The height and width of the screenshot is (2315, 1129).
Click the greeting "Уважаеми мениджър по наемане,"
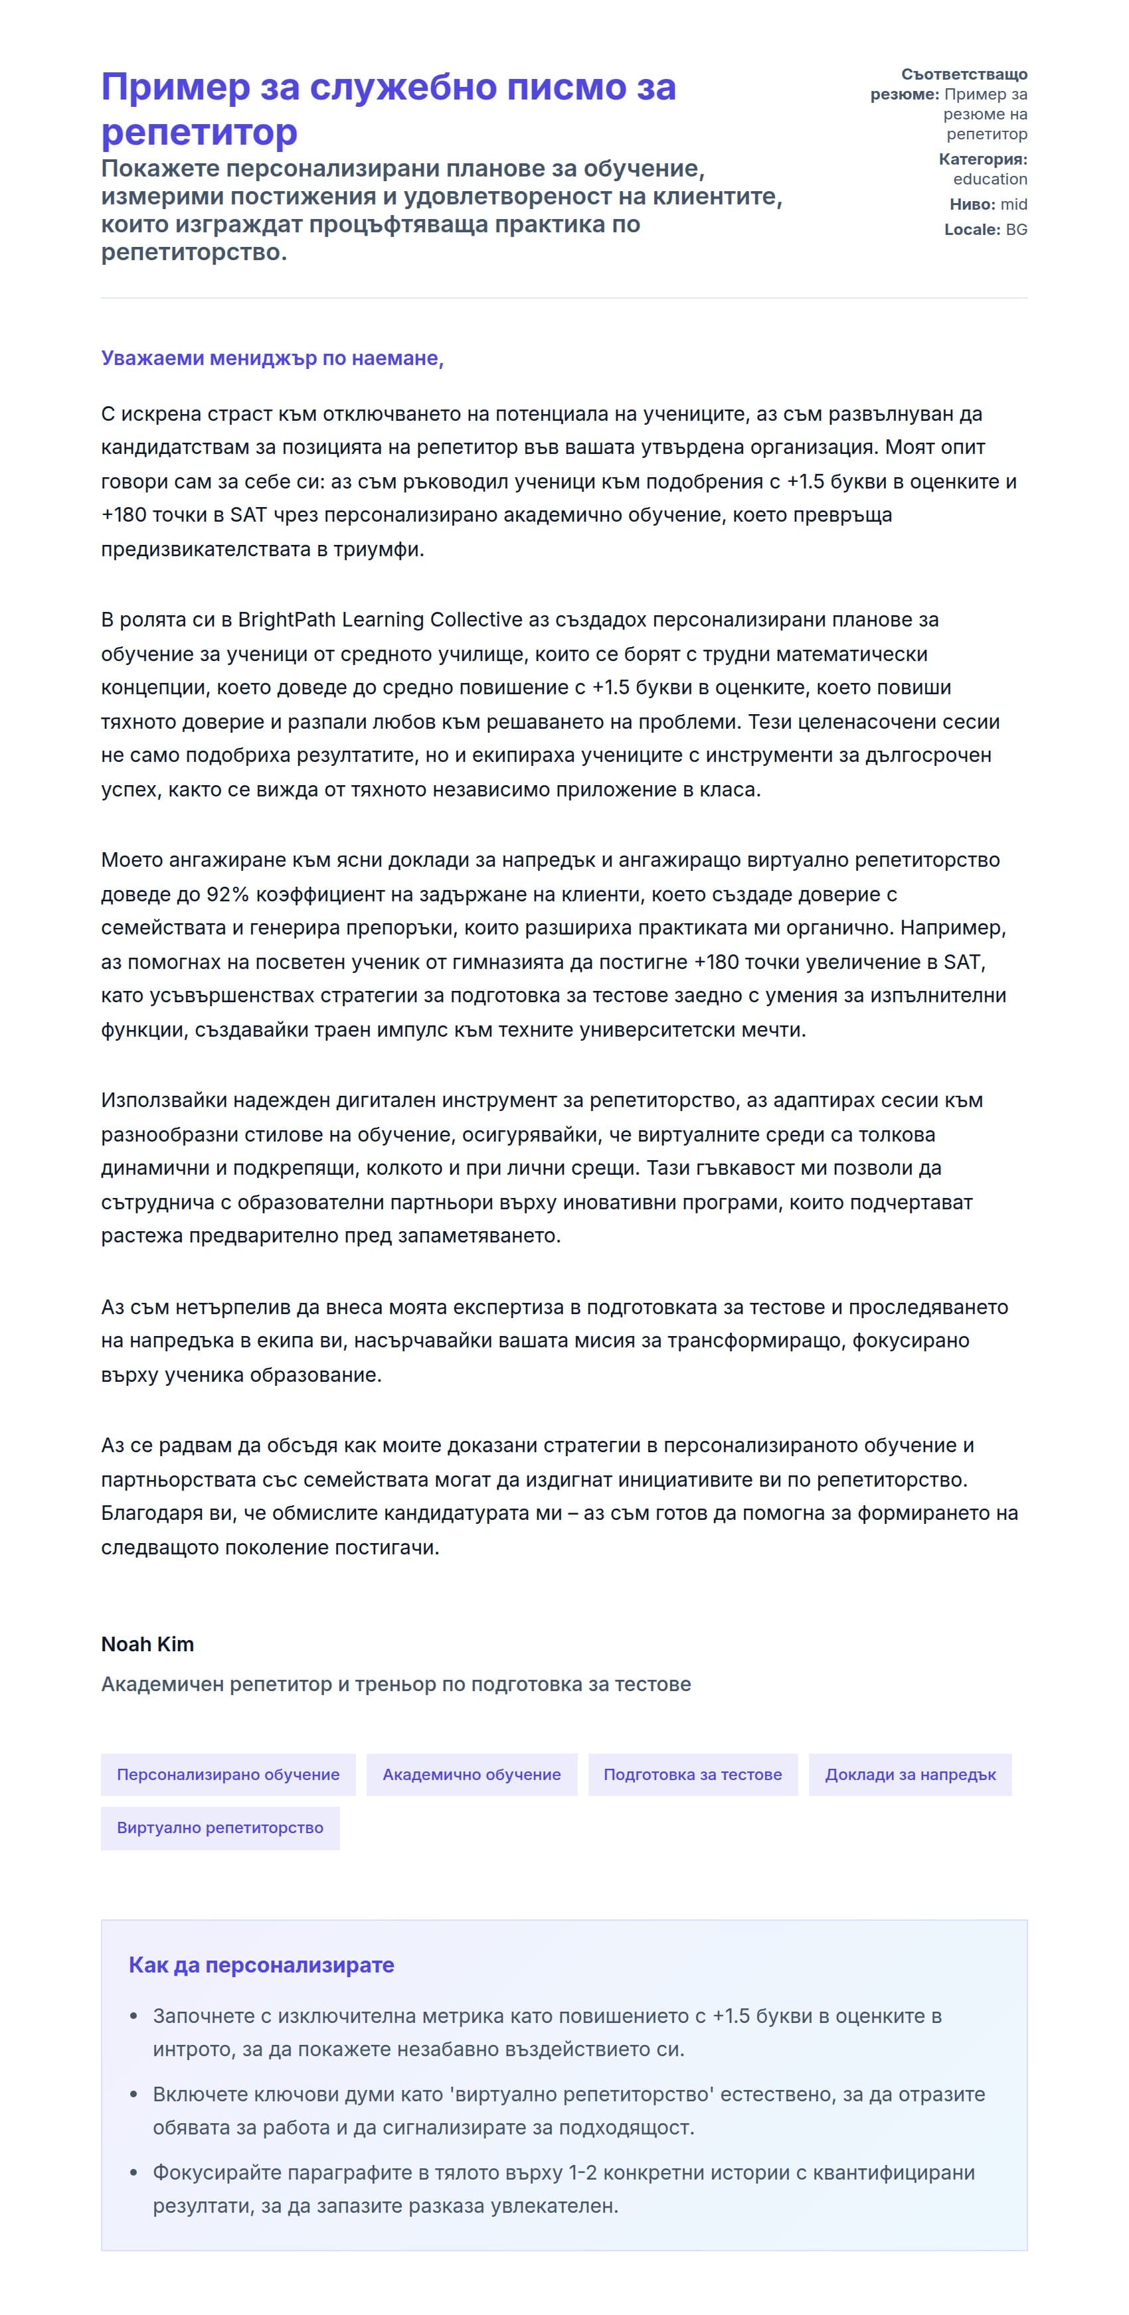pos(272,358)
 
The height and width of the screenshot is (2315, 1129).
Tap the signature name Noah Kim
pos(147,1644)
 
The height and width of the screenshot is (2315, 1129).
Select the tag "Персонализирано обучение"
pos(228,1774)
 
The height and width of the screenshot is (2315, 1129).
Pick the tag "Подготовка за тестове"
pos(692,1774)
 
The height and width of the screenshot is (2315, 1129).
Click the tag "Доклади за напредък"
pos(910,1774)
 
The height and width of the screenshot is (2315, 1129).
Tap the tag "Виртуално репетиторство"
pos(220,1827)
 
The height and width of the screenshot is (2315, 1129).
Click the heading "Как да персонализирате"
pos(261,1965)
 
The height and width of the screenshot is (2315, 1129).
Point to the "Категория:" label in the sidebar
pos(982,159)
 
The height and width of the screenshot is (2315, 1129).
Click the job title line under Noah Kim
pos(396,1683)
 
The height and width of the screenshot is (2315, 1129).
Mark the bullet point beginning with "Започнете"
pos(547,2033)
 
